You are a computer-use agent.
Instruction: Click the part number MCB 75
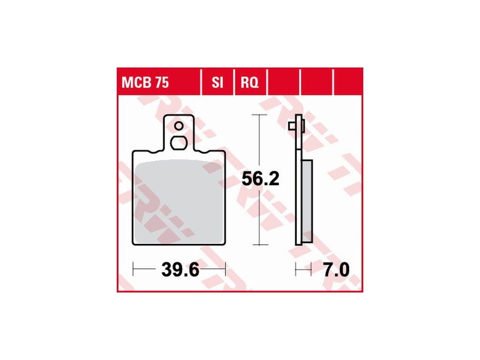click(145, 82)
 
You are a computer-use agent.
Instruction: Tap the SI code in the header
click(217, 82)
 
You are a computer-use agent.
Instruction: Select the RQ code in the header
click(249, 82)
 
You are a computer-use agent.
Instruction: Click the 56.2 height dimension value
click(261, 179)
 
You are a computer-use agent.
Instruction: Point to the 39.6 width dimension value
click(180, 270)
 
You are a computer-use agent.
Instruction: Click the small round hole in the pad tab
click(179, 126)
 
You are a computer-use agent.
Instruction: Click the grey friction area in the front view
click(179, 202)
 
